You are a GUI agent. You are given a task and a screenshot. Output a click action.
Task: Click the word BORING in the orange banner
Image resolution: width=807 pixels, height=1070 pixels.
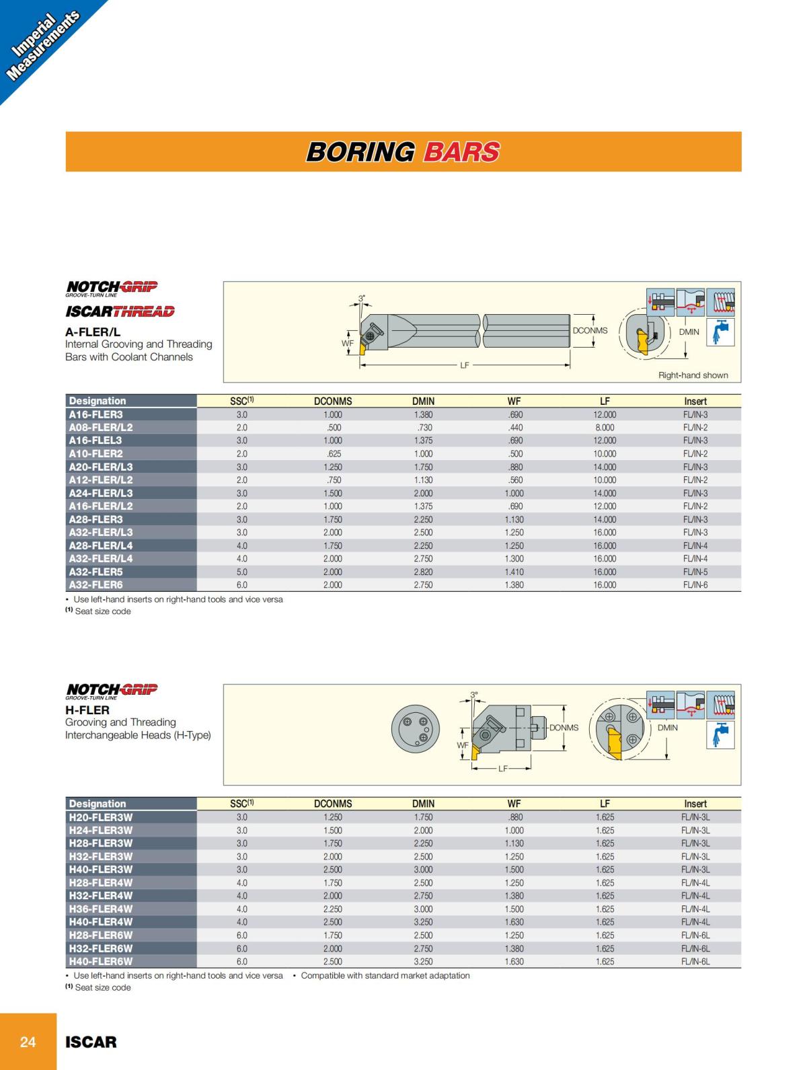[x=360, y=152]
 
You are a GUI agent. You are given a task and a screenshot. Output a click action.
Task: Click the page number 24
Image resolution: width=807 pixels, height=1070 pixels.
[x=28, y=1042]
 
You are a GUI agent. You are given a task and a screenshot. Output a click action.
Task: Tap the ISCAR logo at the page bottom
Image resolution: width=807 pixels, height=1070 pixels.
[x=91, y=1042]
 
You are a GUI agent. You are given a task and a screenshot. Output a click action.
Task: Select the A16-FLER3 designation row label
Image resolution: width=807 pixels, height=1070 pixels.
[x=96, y=414]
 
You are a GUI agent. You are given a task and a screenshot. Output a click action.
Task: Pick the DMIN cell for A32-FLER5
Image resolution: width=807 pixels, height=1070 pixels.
[x=423, y=572]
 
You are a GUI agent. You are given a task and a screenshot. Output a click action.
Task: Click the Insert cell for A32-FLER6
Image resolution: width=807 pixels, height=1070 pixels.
[x=695, y=585]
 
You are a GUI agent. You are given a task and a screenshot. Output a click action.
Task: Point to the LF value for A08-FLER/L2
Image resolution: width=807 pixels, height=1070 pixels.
[x=604, y=428]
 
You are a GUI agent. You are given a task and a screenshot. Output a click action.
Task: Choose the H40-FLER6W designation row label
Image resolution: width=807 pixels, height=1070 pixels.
[x=101, y=961]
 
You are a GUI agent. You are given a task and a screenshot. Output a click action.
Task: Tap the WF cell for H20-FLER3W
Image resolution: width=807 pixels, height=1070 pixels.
[x=514, y=817]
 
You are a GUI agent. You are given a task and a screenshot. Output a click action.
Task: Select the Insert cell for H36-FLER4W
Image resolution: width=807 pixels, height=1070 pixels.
[x=695, y=909]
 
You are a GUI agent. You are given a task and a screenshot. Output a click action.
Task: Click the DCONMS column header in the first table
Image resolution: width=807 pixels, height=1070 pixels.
[x=333, y=401]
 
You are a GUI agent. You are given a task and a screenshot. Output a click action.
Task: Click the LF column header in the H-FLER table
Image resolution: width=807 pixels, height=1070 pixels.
[x=605, y=804]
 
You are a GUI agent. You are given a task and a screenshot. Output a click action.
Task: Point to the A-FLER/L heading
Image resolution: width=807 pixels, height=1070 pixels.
[x=93, y=332]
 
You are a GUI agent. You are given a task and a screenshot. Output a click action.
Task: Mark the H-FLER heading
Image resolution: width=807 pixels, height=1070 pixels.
[x=87, y=710]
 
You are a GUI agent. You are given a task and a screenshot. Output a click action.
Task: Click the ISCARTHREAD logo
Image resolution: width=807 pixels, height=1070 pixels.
[x=120, y=311]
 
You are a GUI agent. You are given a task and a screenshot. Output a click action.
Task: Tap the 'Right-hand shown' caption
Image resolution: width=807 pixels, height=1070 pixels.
[x=693, y=375]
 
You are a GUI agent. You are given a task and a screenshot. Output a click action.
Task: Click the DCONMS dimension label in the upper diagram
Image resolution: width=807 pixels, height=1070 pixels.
[x=590, y=331]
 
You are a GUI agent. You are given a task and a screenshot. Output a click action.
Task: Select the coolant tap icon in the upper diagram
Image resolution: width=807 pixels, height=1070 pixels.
[x=720, y=332]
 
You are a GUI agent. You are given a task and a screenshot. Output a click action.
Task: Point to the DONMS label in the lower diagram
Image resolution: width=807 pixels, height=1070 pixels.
[x=564, y=728]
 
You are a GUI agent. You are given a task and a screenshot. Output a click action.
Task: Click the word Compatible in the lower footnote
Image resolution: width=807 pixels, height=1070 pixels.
[x=322, y=975]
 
